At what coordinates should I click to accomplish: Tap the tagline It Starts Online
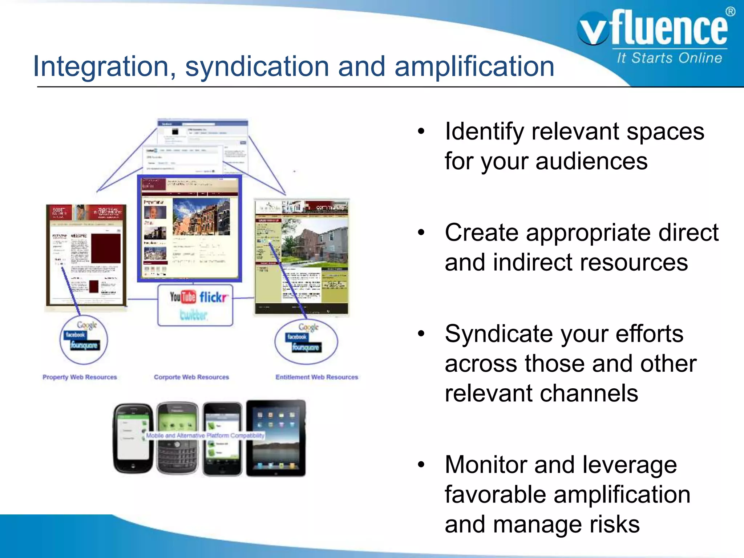coord(669,58)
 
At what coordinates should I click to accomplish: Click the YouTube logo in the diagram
coord(182,297)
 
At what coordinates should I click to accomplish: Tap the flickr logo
coord(214,298)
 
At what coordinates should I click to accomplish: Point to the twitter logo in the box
coord(194,315)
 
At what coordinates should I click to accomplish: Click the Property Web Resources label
coord(80,377)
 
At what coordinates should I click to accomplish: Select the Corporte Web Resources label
coord(191,377)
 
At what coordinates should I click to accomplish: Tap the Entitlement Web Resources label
coord(316,377)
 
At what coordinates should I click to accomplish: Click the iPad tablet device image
coord(276,438)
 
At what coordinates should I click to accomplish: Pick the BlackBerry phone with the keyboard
coord(177,438)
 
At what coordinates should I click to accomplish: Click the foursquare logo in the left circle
coord(84,345)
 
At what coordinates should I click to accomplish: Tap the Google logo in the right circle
coord(308,327)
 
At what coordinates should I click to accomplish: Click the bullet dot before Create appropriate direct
coord(421,232)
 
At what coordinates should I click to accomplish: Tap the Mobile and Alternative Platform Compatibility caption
coord(205,435)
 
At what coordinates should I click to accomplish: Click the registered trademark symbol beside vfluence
coord(730,12)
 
